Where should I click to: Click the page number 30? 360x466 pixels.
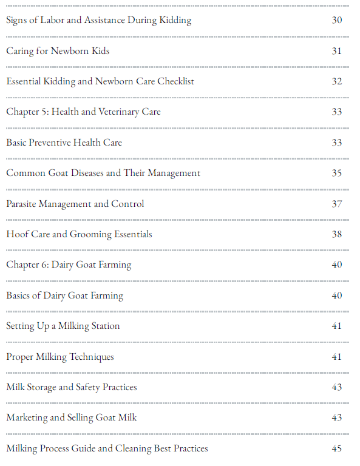click(337, 20)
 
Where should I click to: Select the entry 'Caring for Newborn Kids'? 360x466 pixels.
click(58, 51)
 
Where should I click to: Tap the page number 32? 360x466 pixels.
click(337, 81)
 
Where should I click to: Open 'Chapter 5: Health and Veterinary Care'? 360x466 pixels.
click(83, 112)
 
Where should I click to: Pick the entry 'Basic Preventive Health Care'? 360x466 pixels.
click(64, 143)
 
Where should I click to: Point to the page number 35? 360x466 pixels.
click(337, 173)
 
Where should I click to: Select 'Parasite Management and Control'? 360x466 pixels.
click(75, 204)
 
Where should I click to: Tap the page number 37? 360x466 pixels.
click(337, 204)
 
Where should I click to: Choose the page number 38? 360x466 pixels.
click(337, 234)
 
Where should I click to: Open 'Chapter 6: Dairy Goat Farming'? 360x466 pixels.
click(69, 265)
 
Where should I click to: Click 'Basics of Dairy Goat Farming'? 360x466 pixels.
click(64, 295)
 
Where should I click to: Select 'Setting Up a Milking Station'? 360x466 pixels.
click(63, 326)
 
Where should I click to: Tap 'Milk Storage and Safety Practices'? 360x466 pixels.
click(72, 387)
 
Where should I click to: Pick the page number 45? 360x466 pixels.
click(337, 448)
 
